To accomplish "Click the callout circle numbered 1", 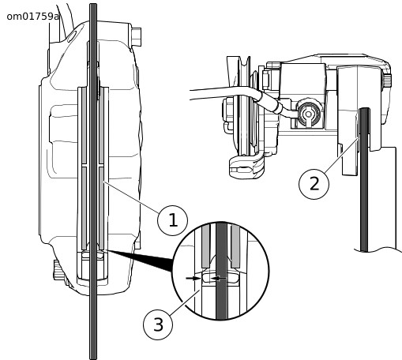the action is [x=172, y=220].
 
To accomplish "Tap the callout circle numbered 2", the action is [x=314, y=184].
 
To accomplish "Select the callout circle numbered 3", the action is [x=158, y=324].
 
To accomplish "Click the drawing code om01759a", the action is [x=33, y=17].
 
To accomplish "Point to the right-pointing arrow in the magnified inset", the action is [x=193, y=278].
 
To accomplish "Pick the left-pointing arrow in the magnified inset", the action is [x=219, y=278].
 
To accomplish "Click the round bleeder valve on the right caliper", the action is [x=308, y=114].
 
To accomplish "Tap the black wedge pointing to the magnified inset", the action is [x=140, y=261].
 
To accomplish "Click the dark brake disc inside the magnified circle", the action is [x=221, y=271].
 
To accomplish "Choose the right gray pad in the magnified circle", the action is [x=235, y=246].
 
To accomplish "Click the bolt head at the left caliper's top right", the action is [x=137, y=36].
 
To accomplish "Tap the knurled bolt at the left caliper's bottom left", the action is [x=58, y=270].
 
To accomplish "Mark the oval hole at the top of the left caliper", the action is [x=72, y=36].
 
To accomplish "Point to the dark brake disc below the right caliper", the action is [x=364, y=180].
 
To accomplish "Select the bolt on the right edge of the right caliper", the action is [x=387, y=81].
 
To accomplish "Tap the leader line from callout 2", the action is [x=342, y=155].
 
